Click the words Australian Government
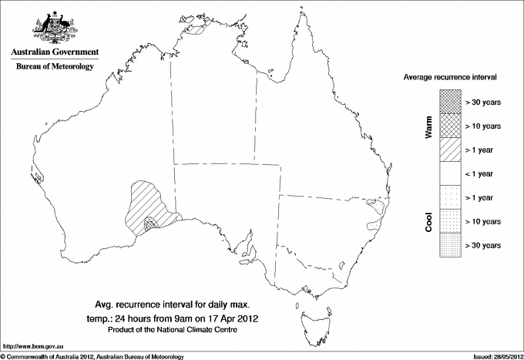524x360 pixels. [55, 52]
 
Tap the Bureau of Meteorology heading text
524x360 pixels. [55, 67]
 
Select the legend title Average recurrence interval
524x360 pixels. [449, 78]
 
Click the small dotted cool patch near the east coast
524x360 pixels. [377, 206]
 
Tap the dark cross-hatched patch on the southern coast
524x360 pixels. [154, 223]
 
